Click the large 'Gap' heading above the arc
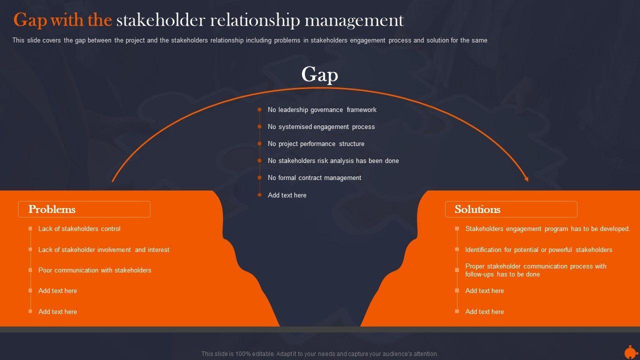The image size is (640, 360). [319, 74]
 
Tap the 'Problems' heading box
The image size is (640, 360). [84, 209]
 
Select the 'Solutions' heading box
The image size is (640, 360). [511, 209]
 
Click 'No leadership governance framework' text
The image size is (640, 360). [322, 110]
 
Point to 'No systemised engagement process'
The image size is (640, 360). [321, 127]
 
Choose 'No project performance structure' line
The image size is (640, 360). [316, 144]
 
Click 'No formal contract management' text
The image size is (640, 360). [314, 178]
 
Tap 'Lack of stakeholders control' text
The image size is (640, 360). [79, 229]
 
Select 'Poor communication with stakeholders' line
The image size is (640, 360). [95, 270]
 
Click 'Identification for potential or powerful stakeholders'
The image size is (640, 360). [538, 250]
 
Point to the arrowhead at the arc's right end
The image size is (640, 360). [526, 178]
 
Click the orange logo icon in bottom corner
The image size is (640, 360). [630, 351]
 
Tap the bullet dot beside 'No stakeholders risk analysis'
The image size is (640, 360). [259, 161]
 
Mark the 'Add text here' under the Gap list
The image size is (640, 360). [287, 195]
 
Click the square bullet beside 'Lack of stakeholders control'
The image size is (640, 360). [30, 229]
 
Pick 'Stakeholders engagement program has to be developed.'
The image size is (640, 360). [547, 229]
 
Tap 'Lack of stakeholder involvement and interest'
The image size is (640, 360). [104, 250]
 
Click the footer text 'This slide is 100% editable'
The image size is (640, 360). [319, 354]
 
